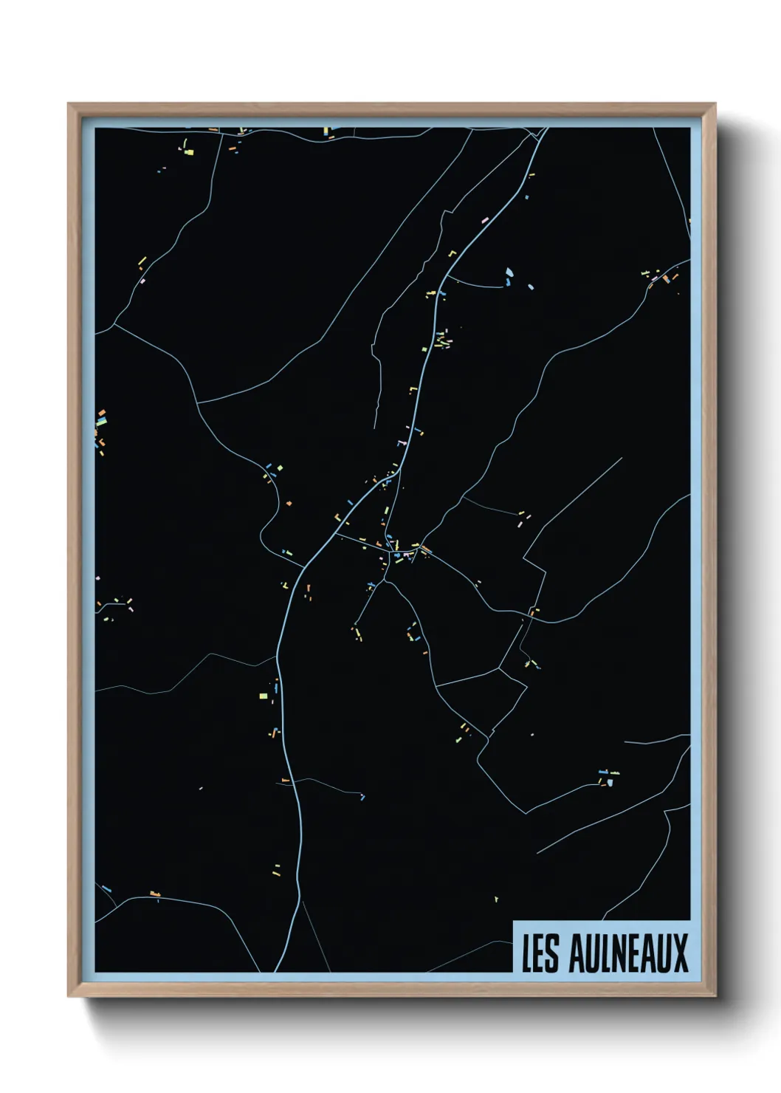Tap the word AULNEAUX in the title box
tap(628, 953)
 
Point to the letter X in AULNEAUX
tap(681, 953)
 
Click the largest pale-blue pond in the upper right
tap(509, 275)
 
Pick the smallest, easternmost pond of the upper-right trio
tap(529, 286)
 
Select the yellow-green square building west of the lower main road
tap(263, 695)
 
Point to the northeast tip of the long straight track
tap(622, 458)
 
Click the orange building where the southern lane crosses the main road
tap(286, 780)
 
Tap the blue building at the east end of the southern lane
tap(362, 796)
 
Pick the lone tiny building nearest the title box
tap(496, 899)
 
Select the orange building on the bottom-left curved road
tap(155, 894)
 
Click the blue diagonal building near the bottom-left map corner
tap(106, 888)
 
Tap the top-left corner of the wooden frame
tap(69, 104)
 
